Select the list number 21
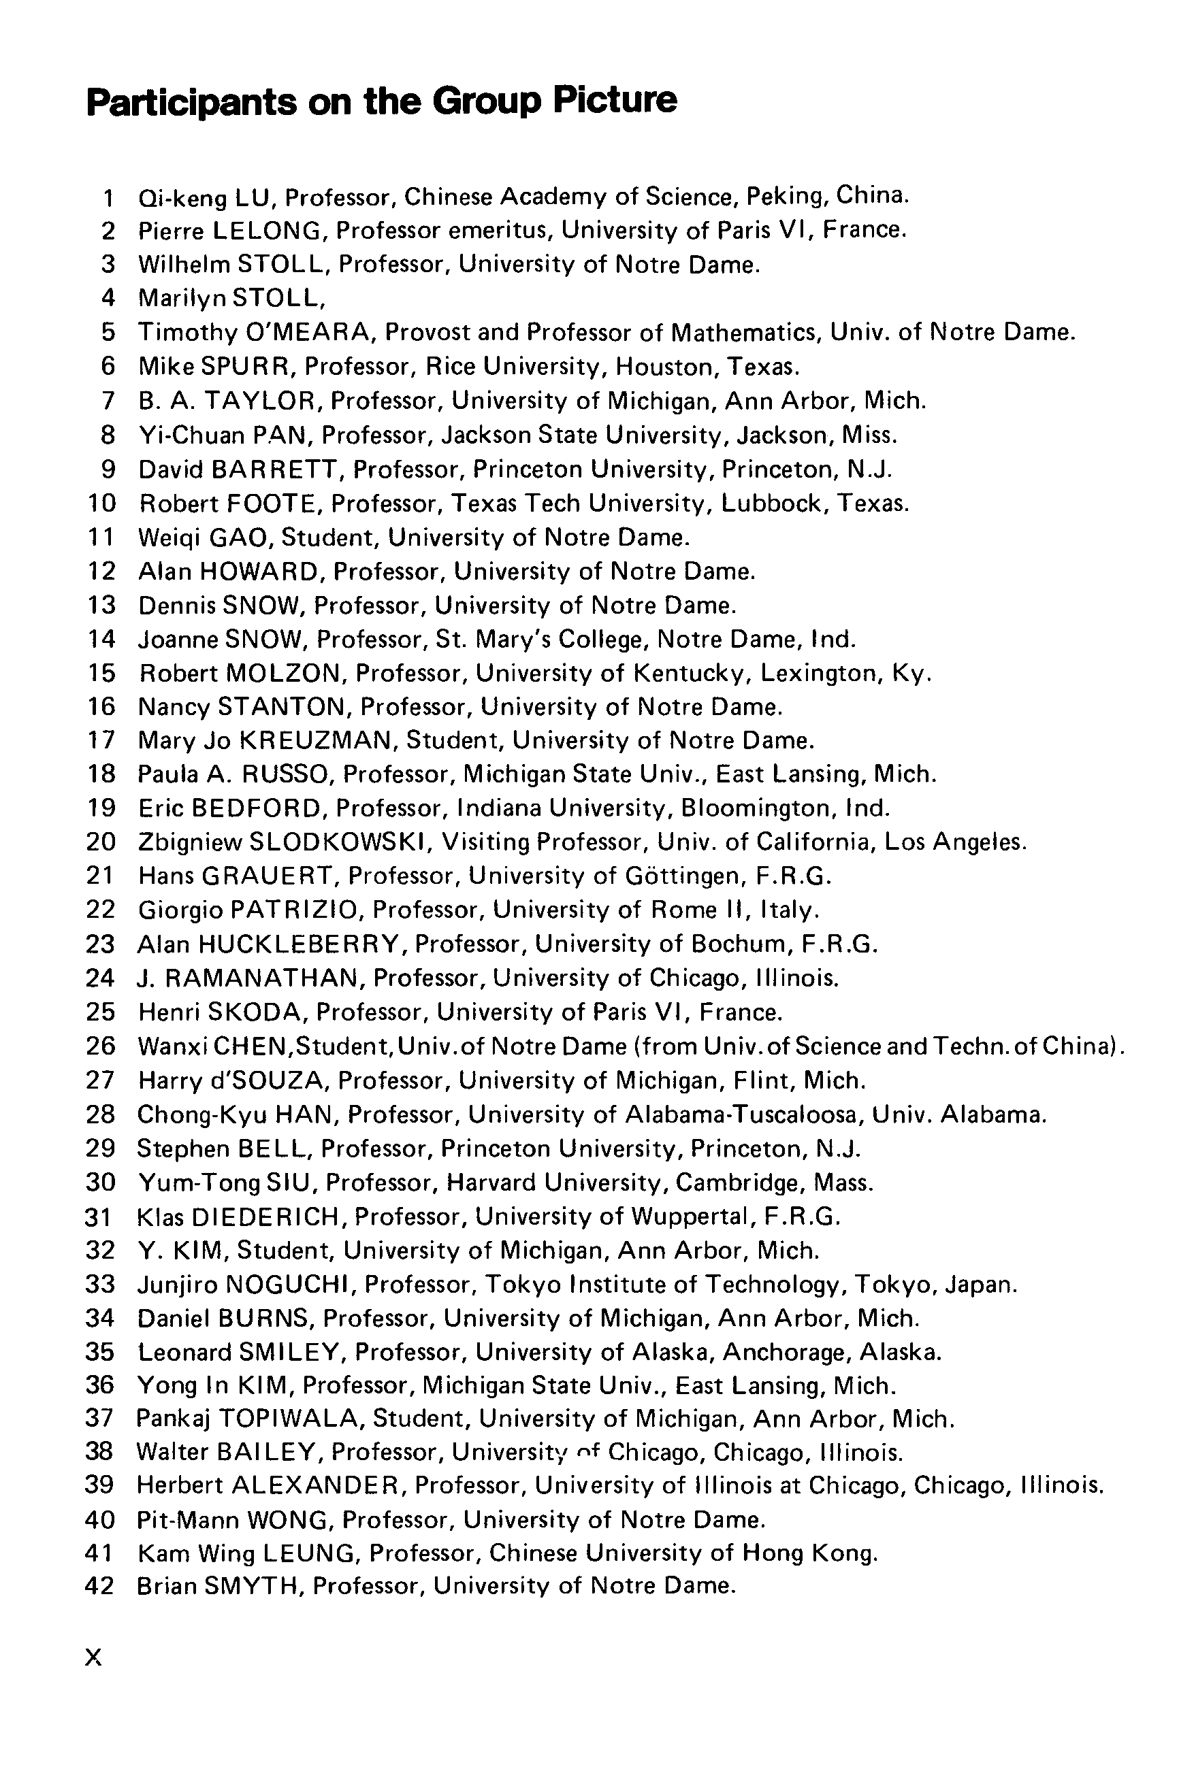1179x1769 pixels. tap(101, 876)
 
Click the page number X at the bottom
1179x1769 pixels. tap(93, 1657)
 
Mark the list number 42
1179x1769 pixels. tap(101, 1587)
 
